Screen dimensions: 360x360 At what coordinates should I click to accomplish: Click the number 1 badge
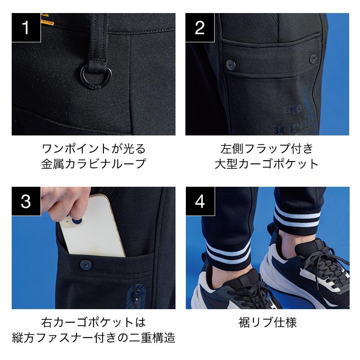pyautogui.click(x=26, y=27)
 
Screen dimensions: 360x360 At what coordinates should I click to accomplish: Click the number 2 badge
pyautogui.click(x=200, y=27)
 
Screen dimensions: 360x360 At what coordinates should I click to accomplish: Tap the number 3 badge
pyautogui.click(x=26, y=201)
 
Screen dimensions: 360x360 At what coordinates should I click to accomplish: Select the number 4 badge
pyautogui.click(x=200, y=201)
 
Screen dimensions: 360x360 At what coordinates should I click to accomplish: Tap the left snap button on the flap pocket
pyautogui.click(x=230, y=64)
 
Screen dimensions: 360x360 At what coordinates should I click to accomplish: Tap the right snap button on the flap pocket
pyautogui.click(x=313, y=59)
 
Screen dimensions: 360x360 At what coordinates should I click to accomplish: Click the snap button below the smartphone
pyautogui.click(x=86, y=265)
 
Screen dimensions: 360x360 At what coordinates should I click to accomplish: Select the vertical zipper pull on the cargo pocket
pyautogui.click(x=137, y=296)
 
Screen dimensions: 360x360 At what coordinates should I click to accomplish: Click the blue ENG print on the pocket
pyautogui.click(x=293, y=110)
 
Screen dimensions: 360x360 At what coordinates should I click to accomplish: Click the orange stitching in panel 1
pyautogui.click(x=48, y=21)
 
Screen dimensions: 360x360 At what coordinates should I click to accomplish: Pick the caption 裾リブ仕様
pyautogui.click(x=268, y=322)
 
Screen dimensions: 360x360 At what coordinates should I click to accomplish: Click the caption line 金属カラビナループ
pyautogui.click(x=94, y=164)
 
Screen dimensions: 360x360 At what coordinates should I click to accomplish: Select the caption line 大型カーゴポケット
pyautogui.click(x=266, y=164)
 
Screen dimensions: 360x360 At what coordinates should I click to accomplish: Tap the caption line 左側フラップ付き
pyautogui.click(x=267, y=148)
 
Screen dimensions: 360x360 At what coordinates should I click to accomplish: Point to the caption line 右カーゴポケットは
pyautogui.click(x=94, y=322)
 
